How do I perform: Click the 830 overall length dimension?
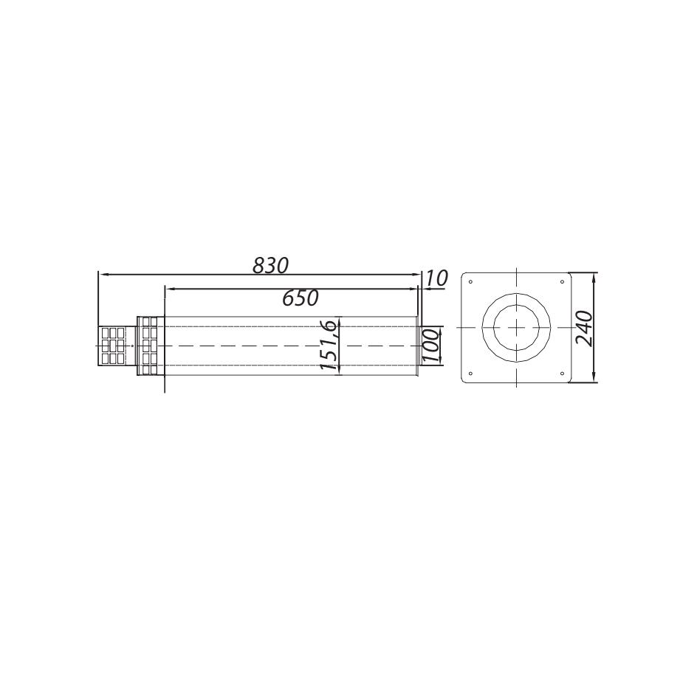pos(270,265)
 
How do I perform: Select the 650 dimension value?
pos(301,298)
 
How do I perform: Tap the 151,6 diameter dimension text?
pos(329,345)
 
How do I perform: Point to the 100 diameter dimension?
pos(431,345)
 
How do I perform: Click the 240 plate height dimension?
pos(584,328)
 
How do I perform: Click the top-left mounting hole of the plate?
pos(471,281)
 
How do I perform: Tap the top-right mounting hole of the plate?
pos(563,281)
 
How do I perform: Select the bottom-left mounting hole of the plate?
pos(471,373)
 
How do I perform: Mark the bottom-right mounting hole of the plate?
pos(563,373)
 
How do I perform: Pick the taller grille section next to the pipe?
pos(149,345)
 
